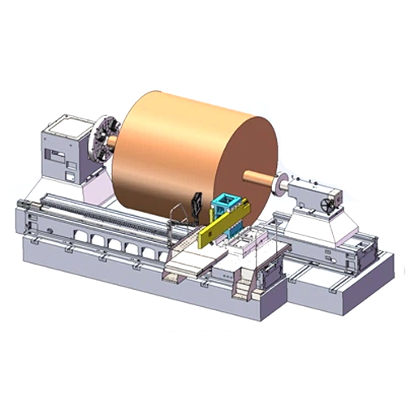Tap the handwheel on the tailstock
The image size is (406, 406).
tap(327, 206)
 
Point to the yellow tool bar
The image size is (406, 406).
tap(223, 227)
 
